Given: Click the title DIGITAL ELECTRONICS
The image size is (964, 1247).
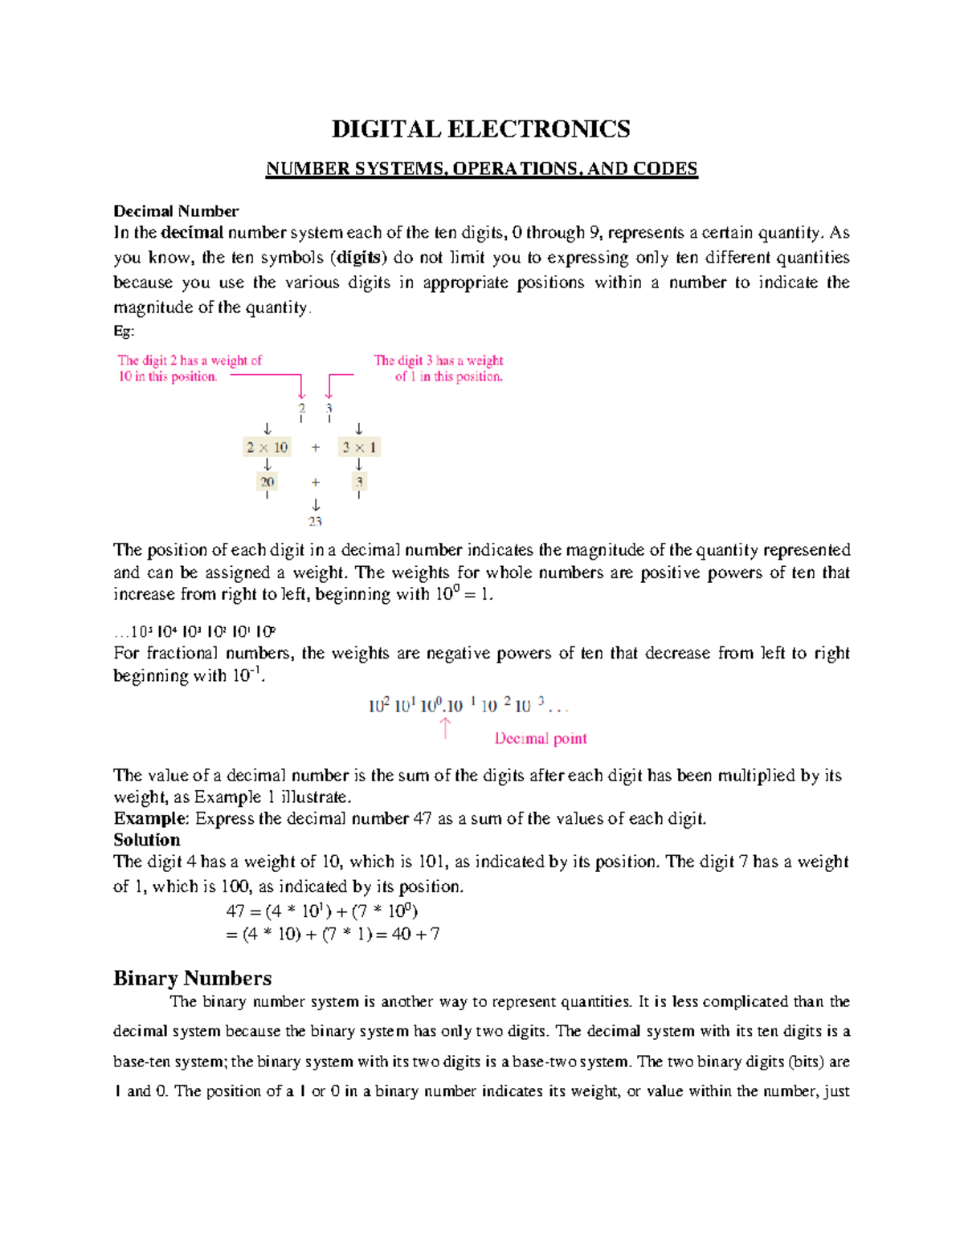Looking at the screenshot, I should tap(480, 129).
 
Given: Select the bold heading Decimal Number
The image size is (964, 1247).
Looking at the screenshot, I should tap(176, 211).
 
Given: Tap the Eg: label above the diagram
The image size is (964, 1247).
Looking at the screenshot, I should tap(124, 331).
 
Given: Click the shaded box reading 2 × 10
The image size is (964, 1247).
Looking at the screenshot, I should tap(267, 447).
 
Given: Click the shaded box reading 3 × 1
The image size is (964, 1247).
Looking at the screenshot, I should tap(359, 447).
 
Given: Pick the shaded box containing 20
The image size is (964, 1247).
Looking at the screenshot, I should tap(267, 482).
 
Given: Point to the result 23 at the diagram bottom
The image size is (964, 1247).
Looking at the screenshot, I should tap(315, 522).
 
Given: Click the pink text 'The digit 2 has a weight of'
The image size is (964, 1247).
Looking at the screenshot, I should tap(190, 361).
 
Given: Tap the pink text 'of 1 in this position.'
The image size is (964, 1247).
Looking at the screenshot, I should tap(448, 377).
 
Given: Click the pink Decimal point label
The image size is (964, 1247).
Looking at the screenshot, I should tap(540, 738).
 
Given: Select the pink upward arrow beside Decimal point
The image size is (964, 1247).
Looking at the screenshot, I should tap(445, 728).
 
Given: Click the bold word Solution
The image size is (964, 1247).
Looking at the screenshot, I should tap(146, 840).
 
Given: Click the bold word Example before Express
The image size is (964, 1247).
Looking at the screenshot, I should tap(150, 818).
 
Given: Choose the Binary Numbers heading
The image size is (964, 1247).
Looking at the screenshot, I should tap(192, 978).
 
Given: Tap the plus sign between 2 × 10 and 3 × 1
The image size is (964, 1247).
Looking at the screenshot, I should tap(315, 447).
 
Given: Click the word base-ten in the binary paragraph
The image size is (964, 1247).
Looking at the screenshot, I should tap(141, 1062).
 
